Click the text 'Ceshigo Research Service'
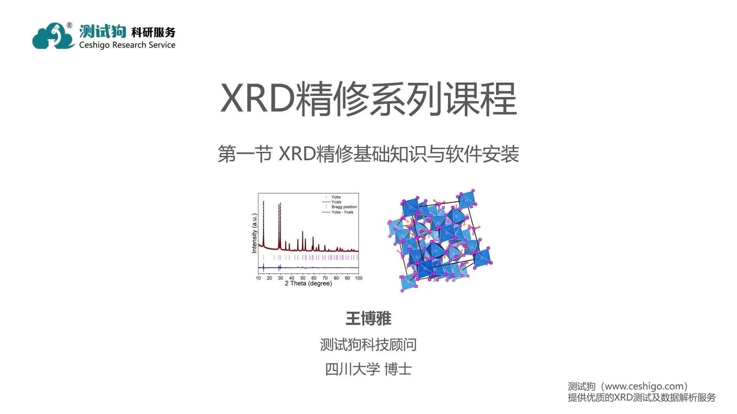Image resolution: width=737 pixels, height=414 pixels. click(127, 45)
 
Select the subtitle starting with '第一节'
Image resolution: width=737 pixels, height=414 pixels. click(368, 154)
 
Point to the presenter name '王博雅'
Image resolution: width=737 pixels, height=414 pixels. click(368, 319)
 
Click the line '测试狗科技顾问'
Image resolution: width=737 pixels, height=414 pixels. click(368, 345)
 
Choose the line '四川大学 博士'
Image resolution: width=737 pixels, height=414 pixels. click(368, 369)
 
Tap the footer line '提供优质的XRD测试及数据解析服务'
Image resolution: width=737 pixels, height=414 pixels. click(641, 398)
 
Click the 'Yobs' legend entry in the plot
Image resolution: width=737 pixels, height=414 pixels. click(336, 197)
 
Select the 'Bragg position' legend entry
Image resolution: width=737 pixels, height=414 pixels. click(344, 207)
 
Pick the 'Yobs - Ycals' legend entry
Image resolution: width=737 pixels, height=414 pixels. click(342, 212)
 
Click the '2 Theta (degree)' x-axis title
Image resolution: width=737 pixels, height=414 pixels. click(308, 284)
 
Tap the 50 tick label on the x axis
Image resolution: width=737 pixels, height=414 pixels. click(303, 278)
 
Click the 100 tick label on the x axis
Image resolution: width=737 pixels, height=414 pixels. click(359, 278)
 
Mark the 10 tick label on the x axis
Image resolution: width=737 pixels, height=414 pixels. click(258, 278)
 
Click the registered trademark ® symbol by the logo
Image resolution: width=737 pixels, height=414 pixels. click(69, 25)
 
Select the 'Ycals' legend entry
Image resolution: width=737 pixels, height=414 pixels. click(336, 202)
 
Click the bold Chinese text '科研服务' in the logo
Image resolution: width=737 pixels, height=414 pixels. click(153, 32)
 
